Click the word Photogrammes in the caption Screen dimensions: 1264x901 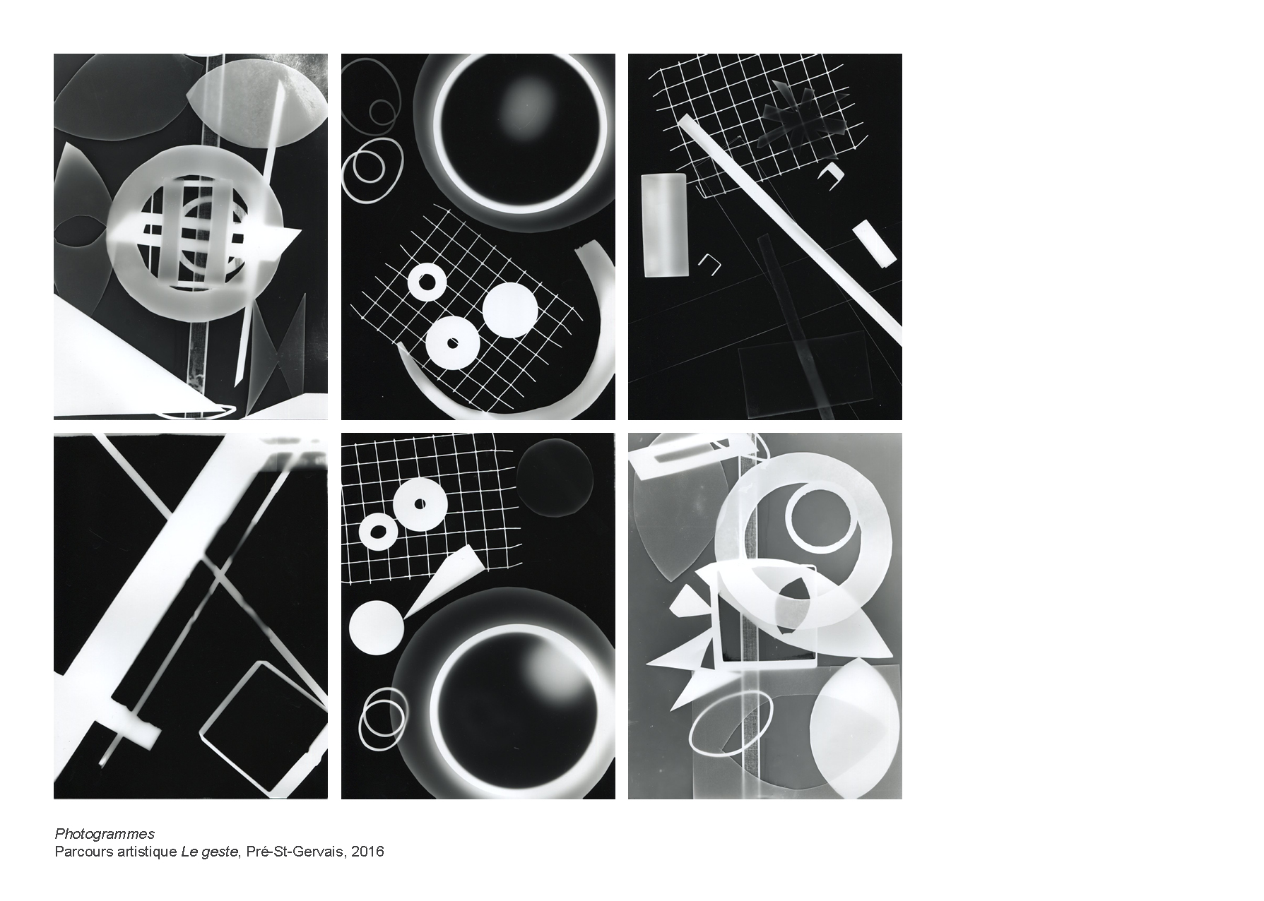click(x=105, y=834)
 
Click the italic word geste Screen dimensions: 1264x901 click(x=222, y=852)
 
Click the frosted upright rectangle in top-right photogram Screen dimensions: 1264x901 click(x=664, y=225)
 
